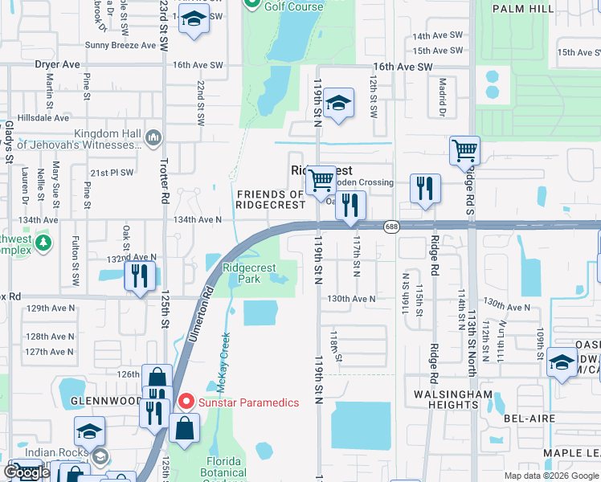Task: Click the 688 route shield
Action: pyautogui.click(x=390, y=227)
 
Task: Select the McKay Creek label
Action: pyautogui.click(x=223, y=361)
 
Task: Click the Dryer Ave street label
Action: pyautogui.click(x=57, y=64)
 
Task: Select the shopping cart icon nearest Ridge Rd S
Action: pyautogui.click(x=464, y=151)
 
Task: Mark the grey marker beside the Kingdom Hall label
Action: pyautogui.click(x=153, y=139)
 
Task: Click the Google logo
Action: pyautogui.click(x=27, y=472)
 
